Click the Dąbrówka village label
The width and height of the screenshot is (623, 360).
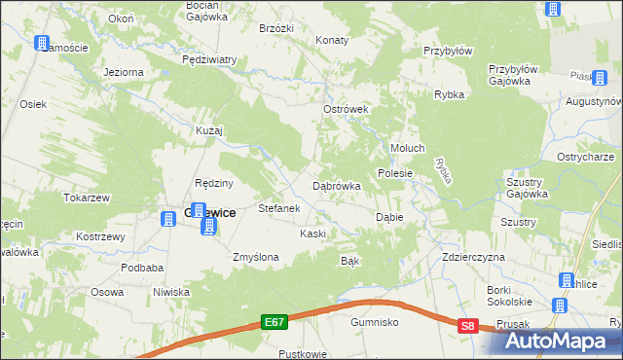point(337,185)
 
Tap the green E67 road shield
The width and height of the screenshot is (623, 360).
point(275,319)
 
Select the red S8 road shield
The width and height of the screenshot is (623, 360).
point(469,328)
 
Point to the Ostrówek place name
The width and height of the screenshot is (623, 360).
point(345,110)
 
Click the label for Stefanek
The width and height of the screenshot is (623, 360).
point(277,208)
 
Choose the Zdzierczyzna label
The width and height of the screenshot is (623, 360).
point(473,257)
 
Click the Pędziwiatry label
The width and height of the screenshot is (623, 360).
point(209,59)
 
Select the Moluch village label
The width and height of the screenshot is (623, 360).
point(408,148)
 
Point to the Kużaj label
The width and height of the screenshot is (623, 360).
point(209,129)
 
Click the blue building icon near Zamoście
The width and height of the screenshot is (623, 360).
point(42,43)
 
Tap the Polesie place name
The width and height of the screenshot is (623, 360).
point(396,173)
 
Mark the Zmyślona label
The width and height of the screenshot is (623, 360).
point(256,257)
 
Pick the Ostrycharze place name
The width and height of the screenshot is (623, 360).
point(584,157)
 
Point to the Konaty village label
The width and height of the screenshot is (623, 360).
point(333,40)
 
